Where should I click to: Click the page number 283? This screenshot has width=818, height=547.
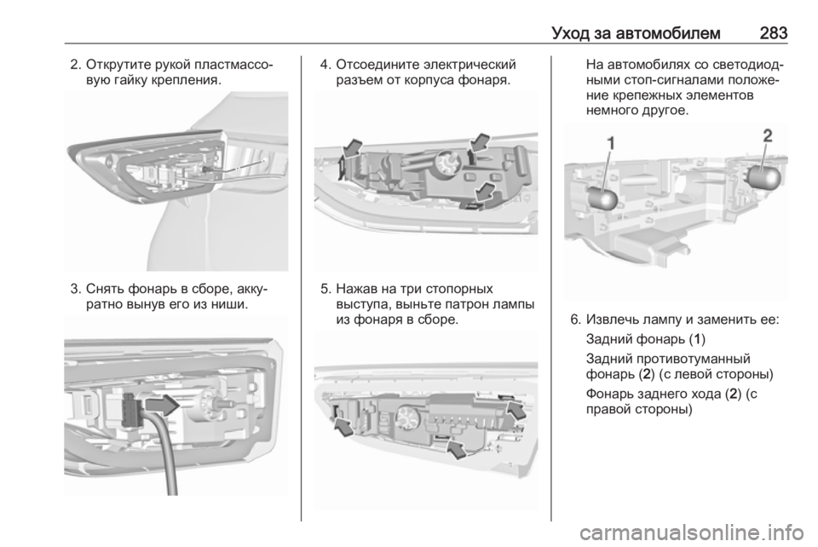pyautogui.click(x=773, y=33)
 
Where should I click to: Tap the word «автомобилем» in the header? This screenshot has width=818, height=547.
pyautogui.click(x=668, y=33)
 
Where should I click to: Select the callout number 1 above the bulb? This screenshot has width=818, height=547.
pyautogui.click(x=610, y=143)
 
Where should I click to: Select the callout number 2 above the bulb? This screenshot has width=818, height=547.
pyautogui.click(x=768, y=135)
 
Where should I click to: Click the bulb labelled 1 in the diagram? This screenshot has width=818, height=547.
pyautogui.click(x=603, y=199)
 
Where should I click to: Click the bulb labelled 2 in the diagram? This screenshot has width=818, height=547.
pyautogui.click(x=765, y=176)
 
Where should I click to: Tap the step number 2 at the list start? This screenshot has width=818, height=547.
pyautogui.click(x=76, y=66)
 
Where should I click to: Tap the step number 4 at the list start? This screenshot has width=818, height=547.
pyautogui.click(x=325, y=66)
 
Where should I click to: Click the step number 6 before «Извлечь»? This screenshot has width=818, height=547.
pyautogui.click(x=575, y=320)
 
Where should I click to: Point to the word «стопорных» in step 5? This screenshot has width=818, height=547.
pyautogui.click(x=459, y=289)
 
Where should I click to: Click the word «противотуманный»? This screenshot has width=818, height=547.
pyautogui.click(x=668, y=360)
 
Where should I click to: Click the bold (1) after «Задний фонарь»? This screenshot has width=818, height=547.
pyautogui.click(x=698, y=339)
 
